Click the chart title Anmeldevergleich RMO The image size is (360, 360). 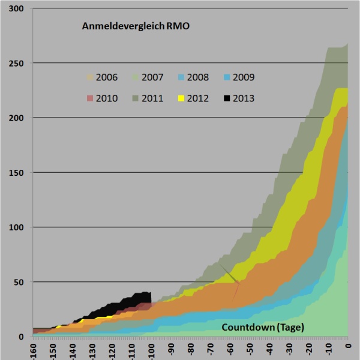tap(135, 27)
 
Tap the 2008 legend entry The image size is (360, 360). tap(193, 77)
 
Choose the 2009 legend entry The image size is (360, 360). tap(238, 77)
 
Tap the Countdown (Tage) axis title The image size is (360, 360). tap(263, 328)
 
